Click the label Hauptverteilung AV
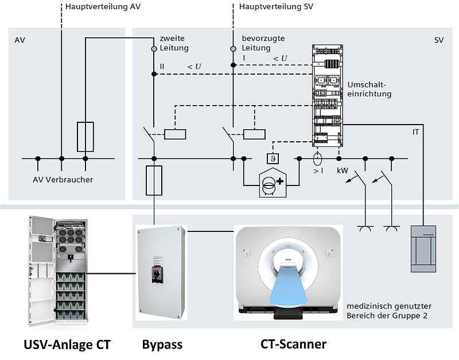[x=104, y=7]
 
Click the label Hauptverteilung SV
[x=276, y=7]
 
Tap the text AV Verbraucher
[x=63, y=180]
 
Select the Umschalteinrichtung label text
[x=369, y=89]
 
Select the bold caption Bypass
[x=162, y=344]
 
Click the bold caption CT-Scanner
[x=293, y=344]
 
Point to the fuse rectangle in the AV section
[x=85, y=136]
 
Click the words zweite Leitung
[x=174, y=43]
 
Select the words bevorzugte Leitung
[x=263, y=43]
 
